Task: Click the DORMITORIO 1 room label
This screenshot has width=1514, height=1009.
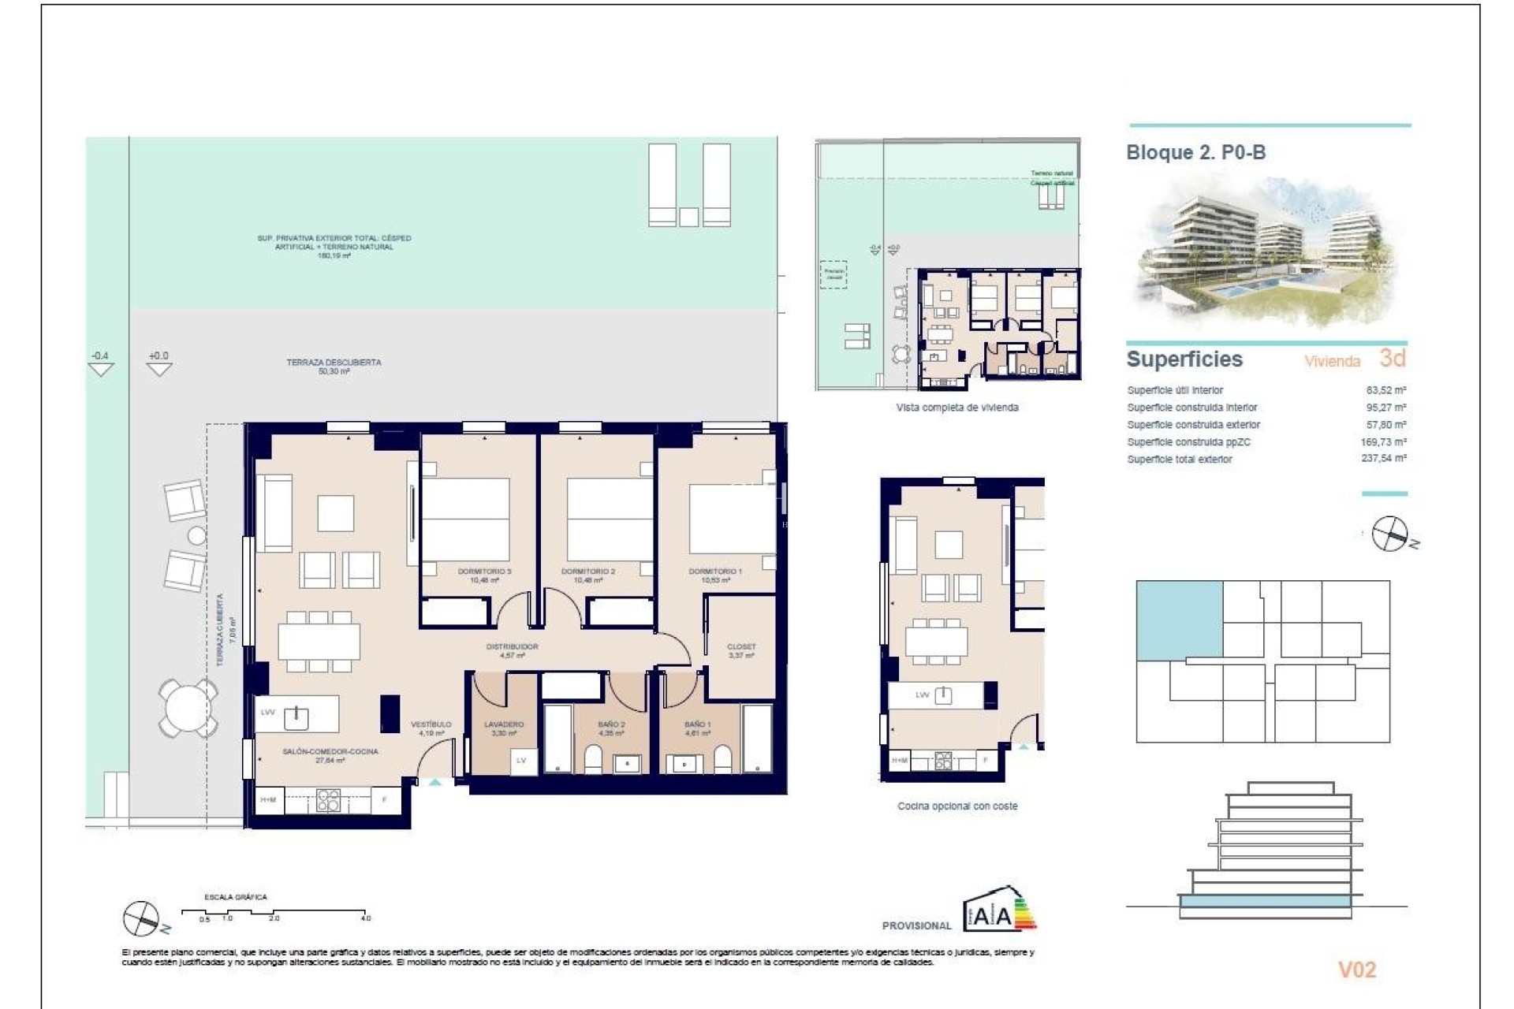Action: tap(714, 572)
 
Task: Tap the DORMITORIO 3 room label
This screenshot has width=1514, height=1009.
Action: tap(484, 572)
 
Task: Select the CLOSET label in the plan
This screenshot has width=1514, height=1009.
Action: tap(740, 647)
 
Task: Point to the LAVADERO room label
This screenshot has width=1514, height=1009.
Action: tap(504, 724)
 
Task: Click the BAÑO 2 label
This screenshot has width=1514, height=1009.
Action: tap(611, 724)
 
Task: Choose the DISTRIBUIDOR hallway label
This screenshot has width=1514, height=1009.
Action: tap(512, 647)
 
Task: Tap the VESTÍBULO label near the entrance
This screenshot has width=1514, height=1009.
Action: tap(431, 724)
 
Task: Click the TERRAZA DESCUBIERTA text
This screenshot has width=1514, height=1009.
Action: tap(334, 363)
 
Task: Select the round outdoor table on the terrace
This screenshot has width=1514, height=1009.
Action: tap(188, 707)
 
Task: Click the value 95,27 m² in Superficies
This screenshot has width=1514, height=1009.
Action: tap(1385, 408)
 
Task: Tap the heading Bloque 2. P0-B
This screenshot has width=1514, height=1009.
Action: tap(1195, 153)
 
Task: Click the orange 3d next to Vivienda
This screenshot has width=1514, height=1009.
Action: tap(1393, 359)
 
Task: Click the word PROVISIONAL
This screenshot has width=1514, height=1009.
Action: tap(916, 925)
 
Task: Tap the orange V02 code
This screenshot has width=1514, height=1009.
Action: tap(1357, 970)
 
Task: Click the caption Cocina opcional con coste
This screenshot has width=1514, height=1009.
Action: tap(957, 806)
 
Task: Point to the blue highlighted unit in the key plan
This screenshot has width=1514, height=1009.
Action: tap(1179, 620)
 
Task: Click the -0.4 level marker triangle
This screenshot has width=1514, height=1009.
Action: tap(101, 368)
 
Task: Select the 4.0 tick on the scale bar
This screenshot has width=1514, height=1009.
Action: tap(366, 918)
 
